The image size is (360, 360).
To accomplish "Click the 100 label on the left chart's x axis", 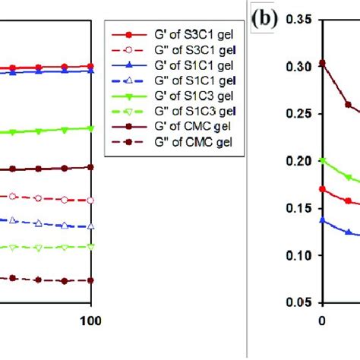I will [91, 320].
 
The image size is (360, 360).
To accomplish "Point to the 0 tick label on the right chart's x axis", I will [321, 320].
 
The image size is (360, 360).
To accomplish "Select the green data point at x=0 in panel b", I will [322, 160].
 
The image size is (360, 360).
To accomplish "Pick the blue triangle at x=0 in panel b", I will [322, 219].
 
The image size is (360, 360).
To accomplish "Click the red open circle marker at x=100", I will [91, 201].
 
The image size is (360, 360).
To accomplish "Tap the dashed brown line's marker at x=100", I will [91, 280].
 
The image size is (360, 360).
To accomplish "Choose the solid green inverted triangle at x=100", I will [91, 128].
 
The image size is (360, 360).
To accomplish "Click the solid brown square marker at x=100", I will [91, 166].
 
